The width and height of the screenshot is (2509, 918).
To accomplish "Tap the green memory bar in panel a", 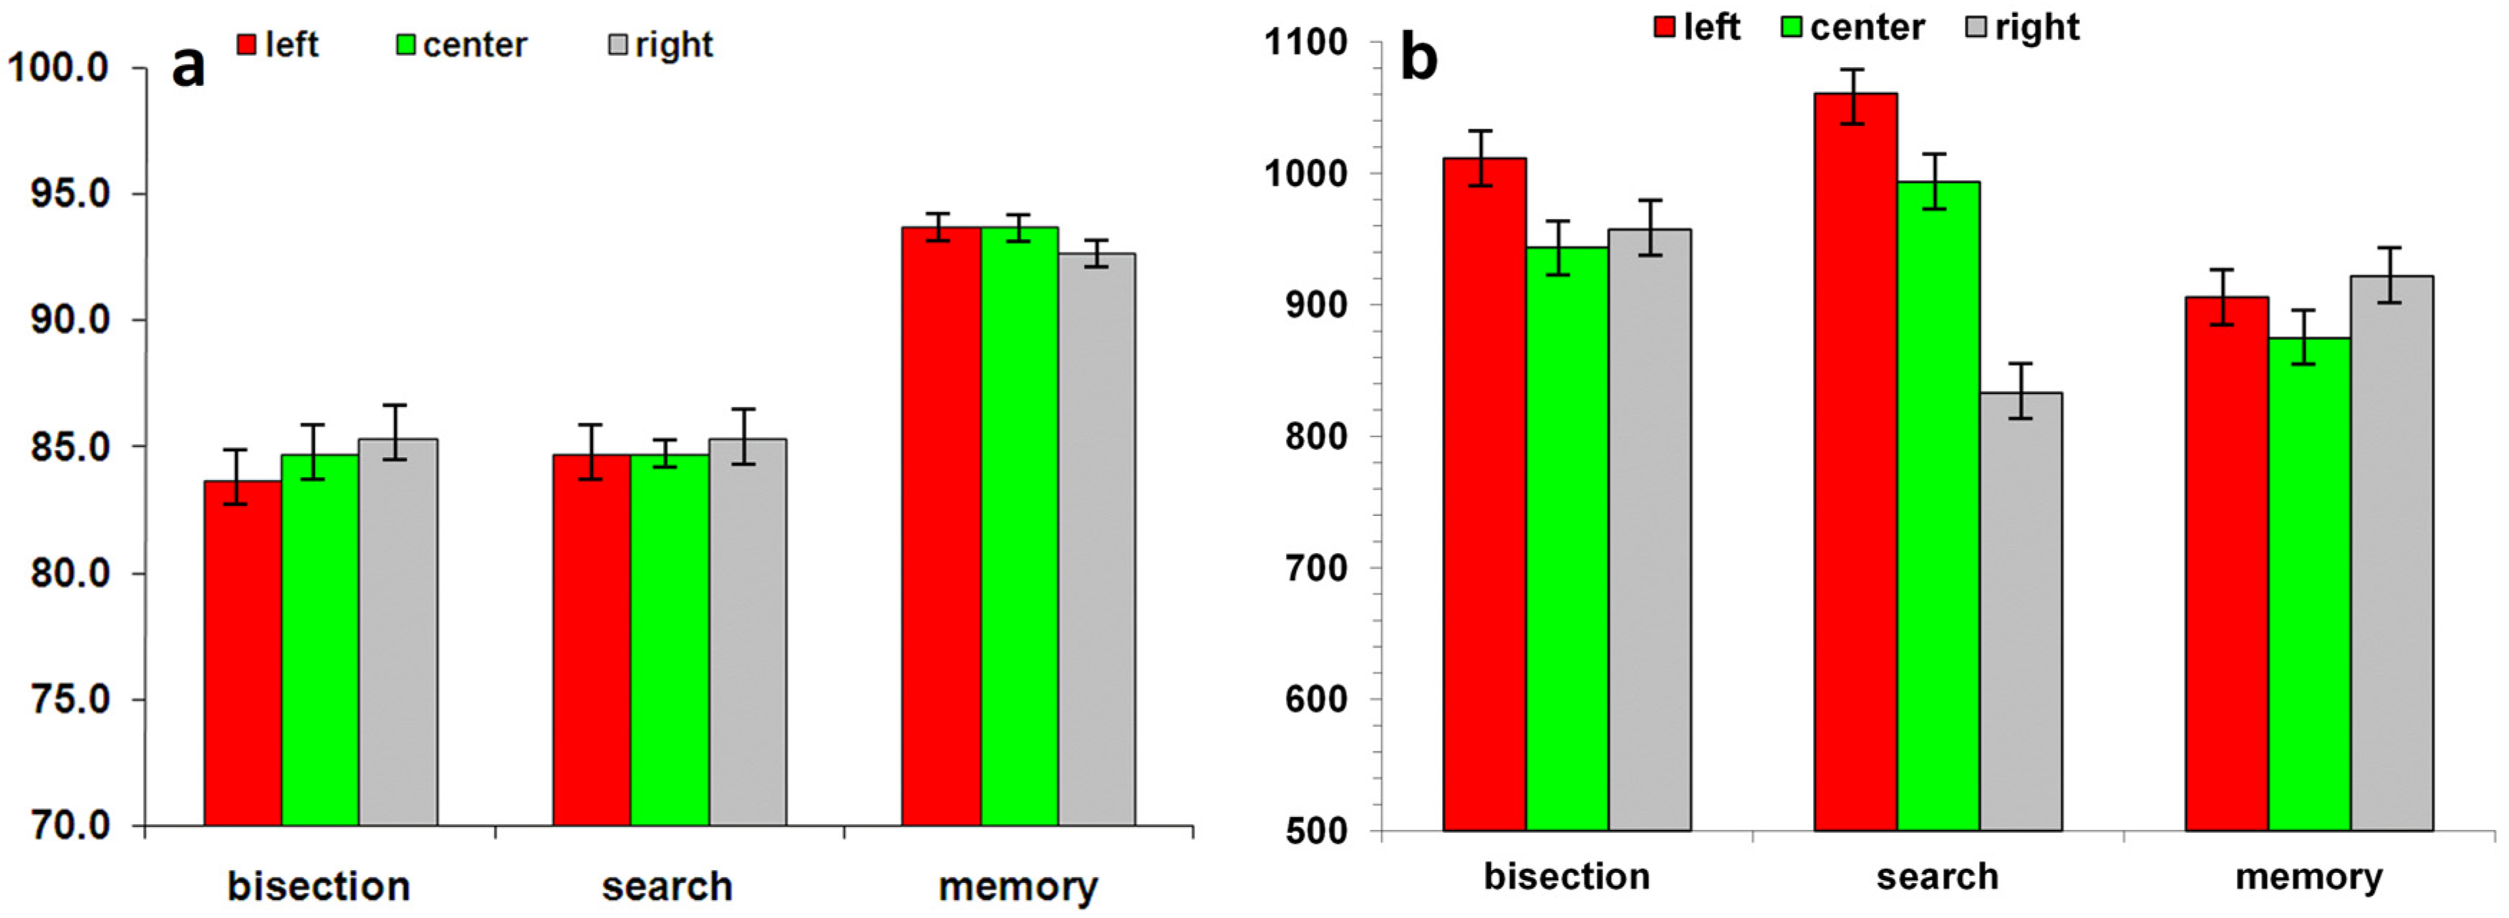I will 1019,526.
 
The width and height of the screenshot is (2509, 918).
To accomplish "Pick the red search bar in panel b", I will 1855,462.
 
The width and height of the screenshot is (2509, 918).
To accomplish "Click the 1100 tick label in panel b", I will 1305,42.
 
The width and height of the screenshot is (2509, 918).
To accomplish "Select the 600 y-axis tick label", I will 1316,699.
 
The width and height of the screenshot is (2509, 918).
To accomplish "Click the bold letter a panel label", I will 188,68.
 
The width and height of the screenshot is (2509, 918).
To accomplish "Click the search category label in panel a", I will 667,886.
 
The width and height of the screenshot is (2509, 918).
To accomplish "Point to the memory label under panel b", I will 2309,876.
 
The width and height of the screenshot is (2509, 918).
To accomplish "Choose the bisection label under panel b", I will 1566,876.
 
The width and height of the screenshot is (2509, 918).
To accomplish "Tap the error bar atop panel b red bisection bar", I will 1481,157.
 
